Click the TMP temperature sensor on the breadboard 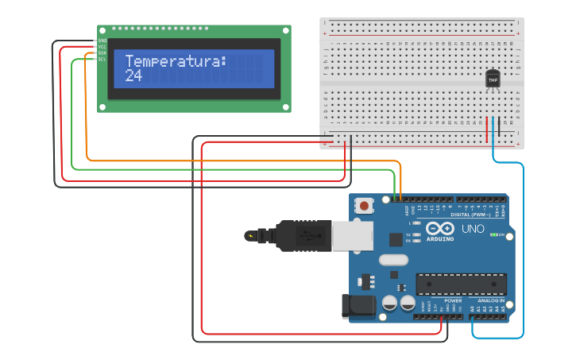493,79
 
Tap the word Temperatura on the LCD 176,61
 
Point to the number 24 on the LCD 133,76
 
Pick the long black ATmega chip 461,284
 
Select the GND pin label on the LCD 102,41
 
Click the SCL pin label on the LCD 102,59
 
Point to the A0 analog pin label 474,308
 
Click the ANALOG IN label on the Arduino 490,300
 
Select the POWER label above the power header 453,300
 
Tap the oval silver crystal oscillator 392,260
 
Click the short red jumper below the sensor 486,130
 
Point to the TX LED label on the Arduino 408,234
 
